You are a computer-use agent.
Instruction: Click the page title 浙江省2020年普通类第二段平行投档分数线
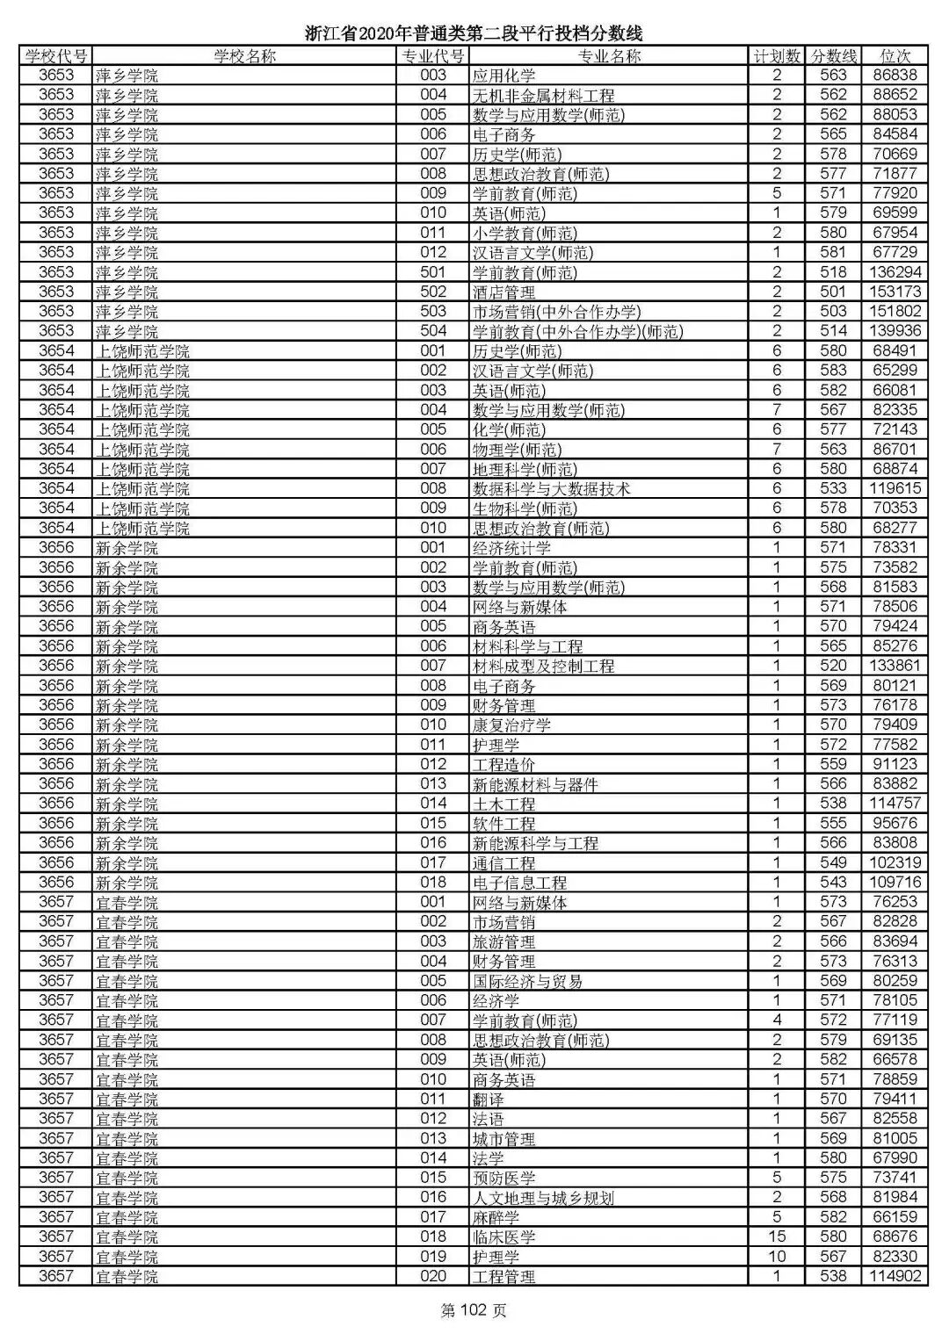[474, 33]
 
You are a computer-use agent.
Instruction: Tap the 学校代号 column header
[56, 56]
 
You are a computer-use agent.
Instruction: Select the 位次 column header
[895, 56]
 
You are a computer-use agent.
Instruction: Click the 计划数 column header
[777, 56]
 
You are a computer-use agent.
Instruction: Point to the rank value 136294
[895, 272]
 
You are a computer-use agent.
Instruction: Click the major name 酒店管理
[503, 292]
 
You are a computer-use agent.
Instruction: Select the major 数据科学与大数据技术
[551, 488]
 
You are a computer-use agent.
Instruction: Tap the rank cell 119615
[895, 488]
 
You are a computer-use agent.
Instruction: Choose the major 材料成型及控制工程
[543, 666]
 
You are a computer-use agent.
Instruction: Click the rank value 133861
[895, 666]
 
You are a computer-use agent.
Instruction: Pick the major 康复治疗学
[511, 725]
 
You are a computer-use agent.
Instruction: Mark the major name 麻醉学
[496, 1217]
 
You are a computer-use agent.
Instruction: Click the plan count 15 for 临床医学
[777, 1236]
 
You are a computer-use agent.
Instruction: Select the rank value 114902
[895, 1276]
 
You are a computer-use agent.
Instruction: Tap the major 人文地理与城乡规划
[543, 1197]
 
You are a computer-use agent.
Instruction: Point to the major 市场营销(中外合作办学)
[556, 311]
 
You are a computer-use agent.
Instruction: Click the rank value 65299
[895, 371]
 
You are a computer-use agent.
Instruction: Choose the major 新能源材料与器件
[535, 784]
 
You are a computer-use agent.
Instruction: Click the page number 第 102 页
[474, 1311]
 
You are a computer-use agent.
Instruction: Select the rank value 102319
[895, 862]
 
